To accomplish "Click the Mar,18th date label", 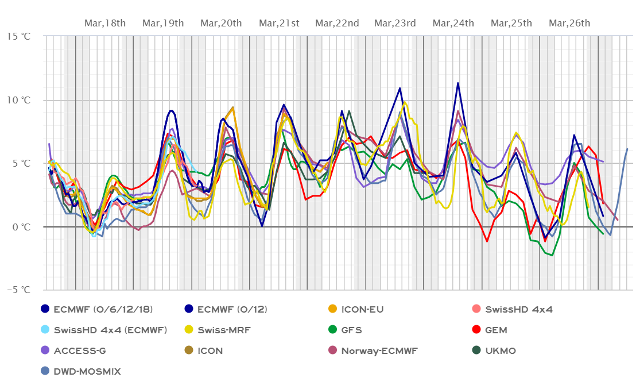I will [105, 23].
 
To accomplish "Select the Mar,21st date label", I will [279, 23].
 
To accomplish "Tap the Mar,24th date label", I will [453, 23].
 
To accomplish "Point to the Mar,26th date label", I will [569, 23].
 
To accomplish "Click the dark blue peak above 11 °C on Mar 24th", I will [457, 83].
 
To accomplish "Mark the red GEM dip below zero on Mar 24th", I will [487, 241].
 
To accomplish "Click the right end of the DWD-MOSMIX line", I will [627, 149].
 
